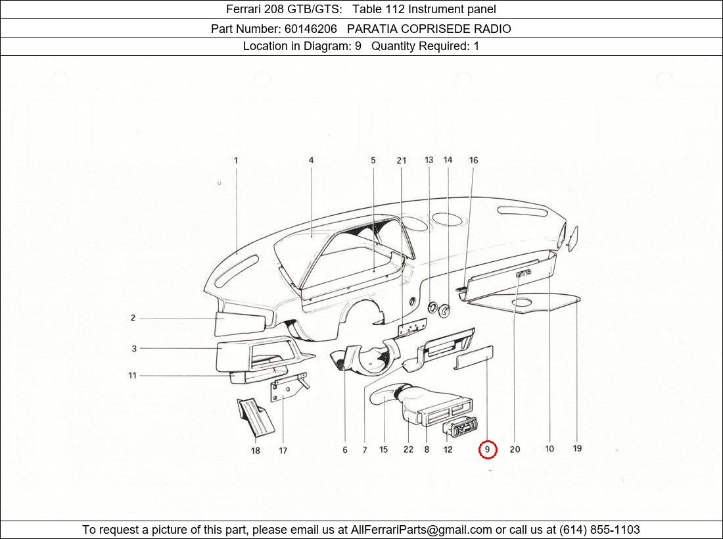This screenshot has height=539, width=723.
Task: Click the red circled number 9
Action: coord(487,449)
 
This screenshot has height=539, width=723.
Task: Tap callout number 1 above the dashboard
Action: coord(236,160)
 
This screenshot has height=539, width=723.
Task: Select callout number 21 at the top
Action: coord(402,160)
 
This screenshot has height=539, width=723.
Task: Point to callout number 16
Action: coord(473,160)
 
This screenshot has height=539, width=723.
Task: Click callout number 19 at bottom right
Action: coord(577,449)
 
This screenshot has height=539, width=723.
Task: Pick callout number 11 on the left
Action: coord(132,376)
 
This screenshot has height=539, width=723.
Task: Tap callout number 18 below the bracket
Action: coord(255,451)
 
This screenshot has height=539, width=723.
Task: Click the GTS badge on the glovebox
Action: coord(523,272)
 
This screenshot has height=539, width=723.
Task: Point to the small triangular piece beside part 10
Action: coord(571,238)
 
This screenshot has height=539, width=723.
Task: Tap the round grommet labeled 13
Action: coord(434,307)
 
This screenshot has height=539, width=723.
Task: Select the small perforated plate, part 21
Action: coord(412,327)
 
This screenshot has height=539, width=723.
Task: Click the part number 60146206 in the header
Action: coord(310,28)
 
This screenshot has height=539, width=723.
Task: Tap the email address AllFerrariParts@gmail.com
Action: coord(421,530)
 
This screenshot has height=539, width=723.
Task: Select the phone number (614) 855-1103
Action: coord(599,530)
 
